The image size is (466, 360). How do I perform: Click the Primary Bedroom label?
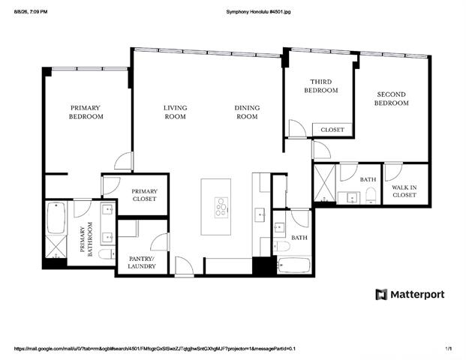[86, 112]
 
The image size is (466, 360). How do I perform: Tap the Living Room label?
[176, 112]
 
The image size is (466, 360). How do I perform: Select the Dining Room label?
[247, 112]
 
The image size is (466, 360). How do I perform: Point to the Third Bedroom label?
[321, 85]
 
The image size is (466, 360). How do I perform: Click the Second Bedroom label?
[392, 98]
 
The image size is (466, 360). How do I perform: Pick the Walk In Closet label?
[404, 191]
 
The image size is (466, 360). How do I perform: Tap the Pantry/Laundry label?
[142, 262]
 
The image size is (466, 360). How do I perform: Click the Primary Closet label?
[144, 195]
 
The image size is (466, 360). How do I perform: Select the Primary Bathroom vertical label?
[86, 239]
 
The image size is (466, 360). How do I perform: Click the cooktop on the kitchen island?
[221, 208]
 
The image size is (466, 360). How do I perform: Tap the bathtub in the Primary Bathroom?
[56, 218]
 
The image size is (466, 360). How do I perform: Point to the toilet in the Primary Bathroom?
[107, 254]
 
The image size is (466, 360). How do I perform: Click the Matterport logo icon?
[381, 294]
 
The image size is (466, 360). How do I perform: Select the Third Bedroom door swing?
[297, 128]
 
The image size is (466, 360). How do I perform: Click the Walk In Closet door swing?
[393, 172]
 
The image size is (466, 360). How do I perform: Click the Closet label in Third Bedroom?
[332, 130]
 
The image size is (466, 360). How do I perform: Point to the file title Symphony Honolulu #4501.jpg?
[258, 12]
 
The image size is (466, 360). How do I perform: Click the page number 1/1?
[449, 349]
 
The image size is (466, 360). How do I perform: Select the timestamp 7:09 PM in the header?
[40, 12]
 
